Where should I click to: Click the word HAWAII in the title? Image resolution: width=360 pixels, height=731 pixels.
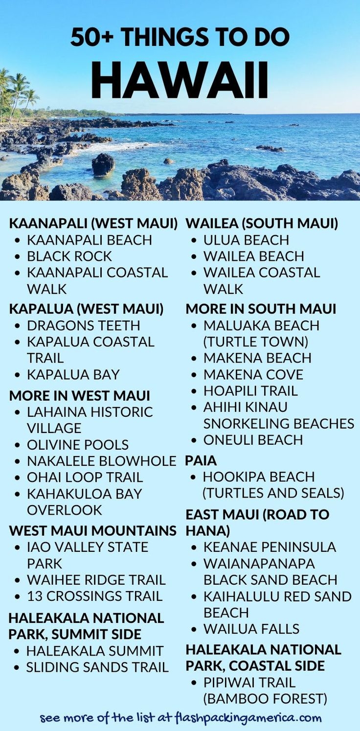click(180, 81)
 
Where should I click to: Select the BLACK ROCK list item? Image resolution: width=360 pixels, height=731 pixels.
click(69, 256)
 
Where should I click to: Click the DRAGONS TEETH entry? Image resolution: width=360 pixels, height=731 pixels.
click(83, 325)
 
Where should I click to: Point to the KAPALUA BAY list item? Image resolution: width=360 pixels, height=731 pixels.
click(73, 375)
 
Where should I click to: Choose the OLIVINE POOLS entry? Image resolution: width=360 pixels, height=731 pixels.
click(77, 445)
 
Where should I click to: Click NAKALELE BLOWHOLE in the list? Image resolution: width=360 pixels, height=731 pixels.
click(101, 461)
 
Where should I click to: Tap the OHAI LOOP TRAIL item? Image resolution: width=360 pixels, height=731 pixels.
click(85, 477)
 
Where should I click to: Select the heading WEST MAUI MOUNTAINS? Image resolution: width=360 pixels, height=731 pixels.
click(92, 531)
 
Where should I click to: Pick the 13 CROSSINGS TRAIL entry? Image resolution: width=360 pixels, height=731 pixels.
click(94, 596)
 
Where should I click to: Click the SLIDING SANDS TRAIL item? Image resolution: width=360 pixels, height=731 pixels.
click(97, 667)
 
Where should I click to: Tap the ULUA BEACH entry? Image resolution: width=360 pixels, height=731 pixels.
click(246, 240)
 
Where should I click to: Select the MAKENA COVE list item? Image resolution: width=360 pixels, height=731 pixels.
click(253, 375)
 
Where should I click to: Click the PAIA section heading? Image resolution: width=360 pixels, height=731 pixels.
click(201, 460)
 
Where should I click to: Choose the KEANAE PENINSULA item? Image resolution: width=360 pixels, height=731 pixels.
click(270, 547)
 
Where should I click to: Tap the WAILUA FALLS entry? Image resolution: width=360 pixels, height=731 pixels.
click(251, 629)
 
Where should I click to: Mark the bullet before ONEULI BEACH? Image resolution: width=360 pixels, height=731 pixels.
click(194, 440)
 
